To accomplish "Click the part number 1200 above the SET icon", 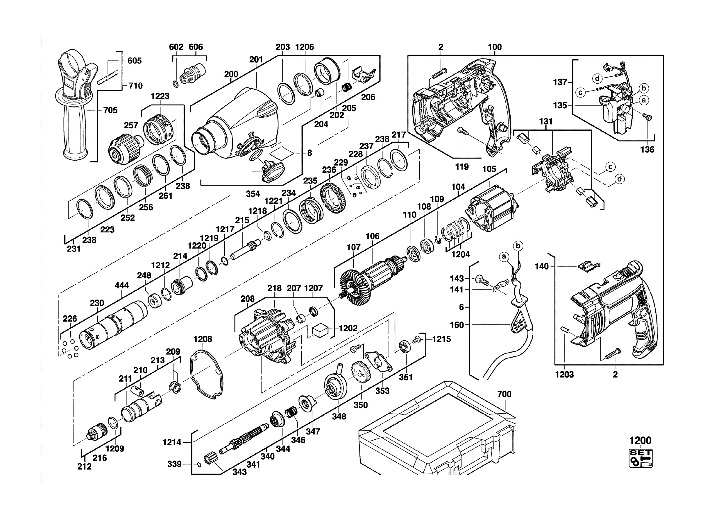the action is (640, 440).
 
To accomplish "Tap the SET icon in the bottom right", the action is (641, 458).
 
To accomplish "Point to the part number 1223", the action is (160, 96).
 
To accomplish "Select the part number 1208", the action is (203, 339).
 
